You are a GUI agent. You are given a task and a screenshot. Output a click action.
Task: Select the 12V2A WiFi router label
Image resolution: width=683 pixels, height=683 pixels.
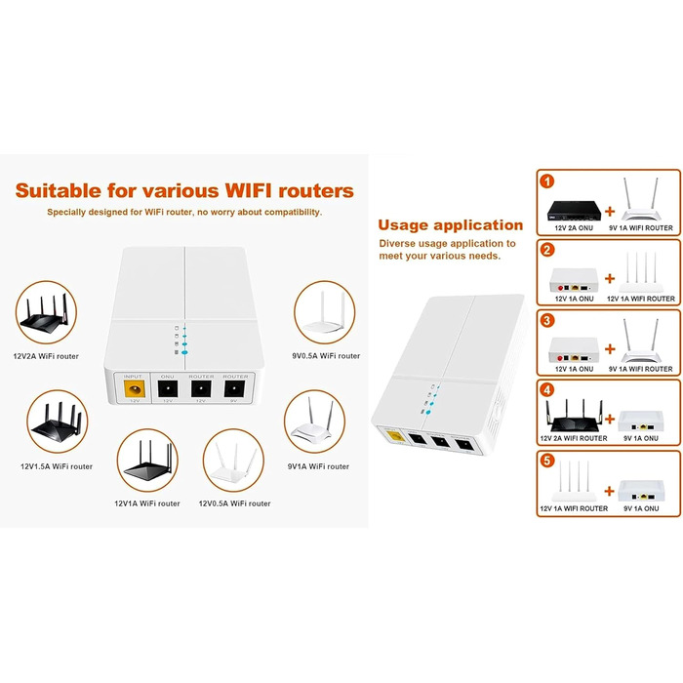(47, 356)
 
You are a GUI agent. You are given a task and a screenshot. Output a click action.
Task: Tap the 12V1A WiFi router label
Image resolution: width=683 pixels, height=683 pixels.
(147, 503)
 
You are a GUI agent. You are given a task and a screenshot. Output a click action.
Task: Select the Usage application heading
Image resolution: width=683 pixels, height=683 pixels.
(450, 224)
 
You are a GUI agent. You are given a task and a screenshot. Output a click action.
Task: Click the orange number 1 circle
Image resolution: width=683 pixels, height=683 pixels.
(547, 181)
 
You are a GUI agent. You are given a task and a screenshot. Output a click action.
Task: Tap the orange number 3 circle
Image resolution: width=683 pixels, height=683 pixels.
(547, 320)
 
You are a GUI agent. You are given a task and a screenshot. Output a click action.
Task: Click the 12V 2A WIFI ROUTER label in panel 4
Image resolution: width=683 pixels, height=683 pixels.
(574, 438)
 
